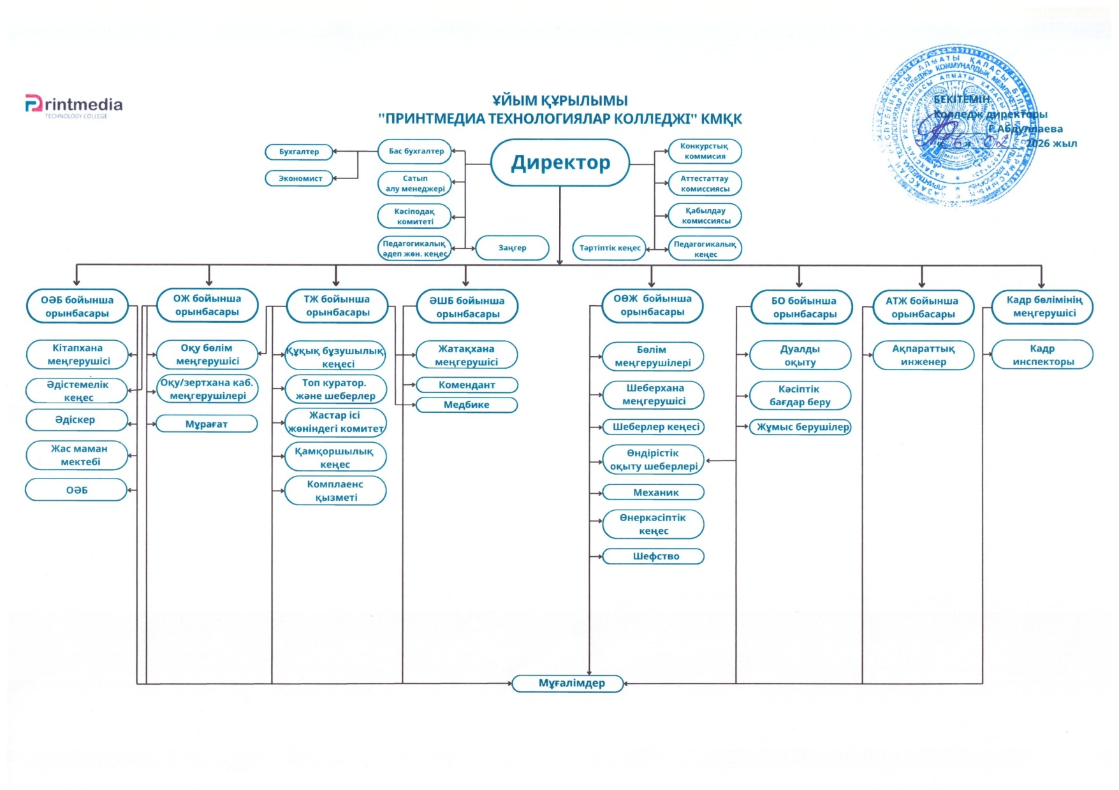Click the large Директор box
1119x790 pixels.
[560, 163]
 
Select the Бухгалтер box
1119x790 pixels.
[299, 152]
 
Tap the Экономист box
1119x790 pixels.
[300, 178]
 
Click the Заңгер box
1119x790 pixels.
[512, 248]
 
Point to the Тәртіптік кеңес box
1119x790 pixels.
[610, 248]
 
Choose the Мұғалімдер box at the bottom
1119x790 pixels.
[571, 684]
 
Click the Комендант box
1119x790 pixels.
[467, 385]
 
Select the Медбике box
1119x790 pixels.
[467, 405]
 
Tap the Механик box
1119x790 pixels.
[655, 492]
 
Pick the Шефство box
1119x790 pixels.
[655, 556]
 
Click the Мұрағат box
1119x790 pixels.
[207, 424]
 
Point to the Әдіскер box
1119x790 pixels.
[76, 420]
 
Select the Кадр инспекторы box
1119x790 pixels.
[1042, 355]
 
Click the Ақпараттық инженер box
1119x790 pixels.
[923, 355]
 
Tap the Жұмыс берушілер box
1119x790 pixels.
[801, 427]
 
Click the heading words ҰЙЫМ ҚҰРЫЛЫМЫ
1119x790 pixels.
[559, 101]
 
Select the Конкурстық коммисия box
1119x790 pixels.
[705, 151]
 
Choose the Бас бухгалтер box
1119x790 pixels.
[415, 152]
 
